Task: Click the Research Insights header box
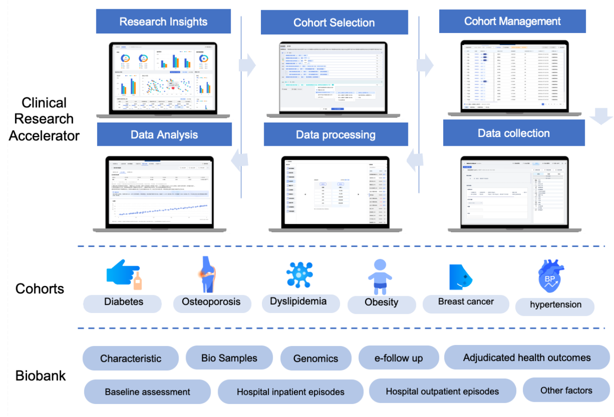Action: [163, 22]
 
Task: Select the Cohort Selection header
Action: [334, 23]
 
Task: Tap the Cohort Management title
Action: [512, 21]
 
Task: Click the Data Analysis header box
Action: [164, 135]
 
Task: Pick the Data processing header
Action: [335, 135]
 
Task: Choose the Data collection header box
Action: [514, 133]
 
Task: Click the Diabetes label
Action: [123, 302]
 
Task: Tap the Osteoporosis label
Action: [211, 302]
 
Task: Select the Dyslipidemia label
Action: [298, 301]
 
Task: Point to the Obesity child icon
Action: [380, 277]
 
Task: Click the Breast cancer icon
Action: [460, 277]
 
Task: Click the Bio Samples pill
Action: [229, 358]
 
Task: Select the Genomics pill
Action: [315, 358]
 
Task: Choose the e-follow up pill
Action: [399, 358]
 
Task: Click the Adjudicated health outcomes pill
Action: [527, 358]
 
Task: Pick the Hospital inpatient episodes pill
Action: [290, 392]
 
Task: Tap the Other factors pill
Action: [566, 390]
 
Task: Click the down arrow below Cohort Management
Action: [601, 116]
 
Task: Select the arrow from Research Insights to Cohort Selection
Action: [247, 65]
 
